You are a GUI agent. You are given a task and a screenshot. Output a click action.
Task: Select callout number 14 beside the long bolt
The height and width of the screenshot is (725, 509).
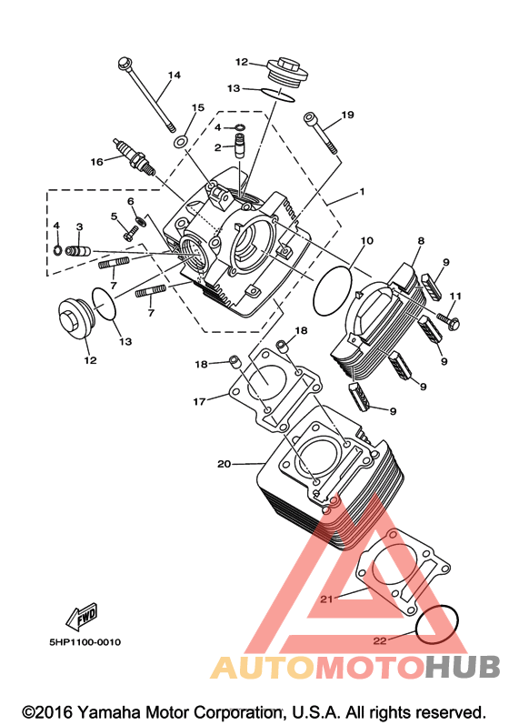pos(175,75)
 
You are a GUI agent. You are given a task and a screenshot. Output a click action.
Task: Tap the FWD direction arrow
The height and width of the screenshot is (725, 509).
pos(82,618)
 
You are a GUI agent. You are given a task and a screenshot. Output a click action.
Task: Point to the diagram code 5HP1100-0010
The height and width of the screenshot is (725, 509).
pos(85,642)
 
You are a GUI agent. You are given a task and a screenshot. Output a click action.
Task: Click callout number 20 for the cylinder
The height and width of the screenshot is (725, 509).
pos(224,463)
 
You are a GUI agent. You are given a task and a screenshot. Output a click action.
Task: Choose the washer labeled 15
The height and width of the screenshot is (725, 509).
pos(181,141)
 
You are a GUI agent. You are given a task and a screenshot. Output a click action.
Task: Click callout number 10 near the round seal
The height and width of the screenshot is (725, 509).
pos(366,240)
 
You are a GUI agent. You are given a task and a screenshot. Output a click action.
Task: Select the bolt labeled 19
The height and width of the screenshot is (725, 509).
pos(320,132)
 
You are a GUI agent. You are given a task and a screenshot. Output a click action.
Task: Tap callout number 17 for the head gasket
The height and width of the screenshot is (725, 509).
pos(200,402)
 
